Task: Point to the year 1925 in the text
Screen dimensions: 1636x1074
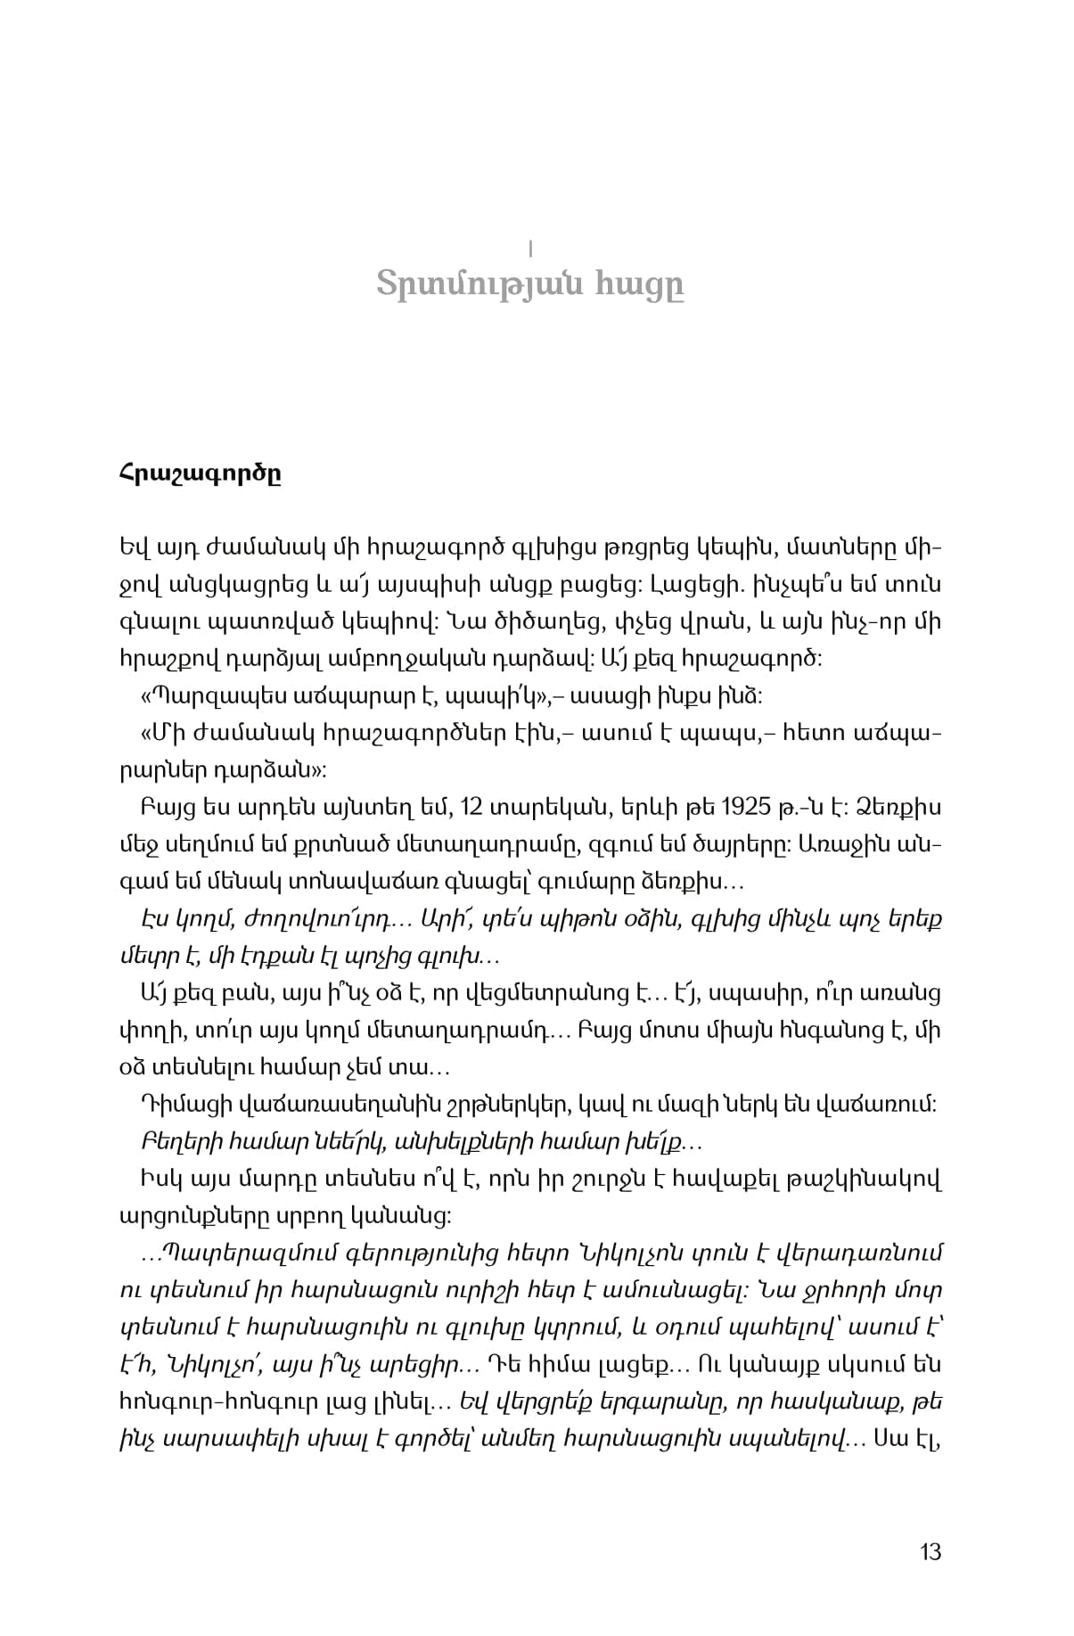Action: point(746,808)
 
